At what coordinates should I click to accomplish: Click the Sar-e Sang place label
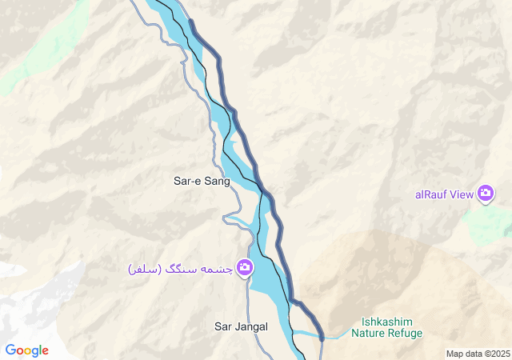tap(202, 181)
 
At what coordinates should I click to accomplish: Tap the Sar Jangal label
tap(241, 326)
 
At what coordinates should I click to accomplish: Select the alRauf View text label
tap(444, 194)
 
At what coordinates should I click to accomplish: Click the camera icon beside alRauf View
tap(485, 193)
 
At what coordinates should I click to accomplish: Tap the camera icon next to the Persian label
tap(245, 267)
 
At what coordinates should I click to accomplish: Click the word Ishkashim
tap(386, 322)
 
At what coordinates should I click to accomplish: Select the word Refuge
tap(404, 333)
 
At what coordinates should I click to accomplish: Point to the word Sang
tap(217, 181)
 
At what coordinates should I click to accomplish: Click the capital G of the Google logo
tap(10, 350)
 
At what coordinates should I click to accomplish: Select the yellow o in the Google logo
tap(28, 351)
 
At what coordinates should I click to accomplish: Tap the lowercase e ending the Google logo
tap(45, 351)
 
